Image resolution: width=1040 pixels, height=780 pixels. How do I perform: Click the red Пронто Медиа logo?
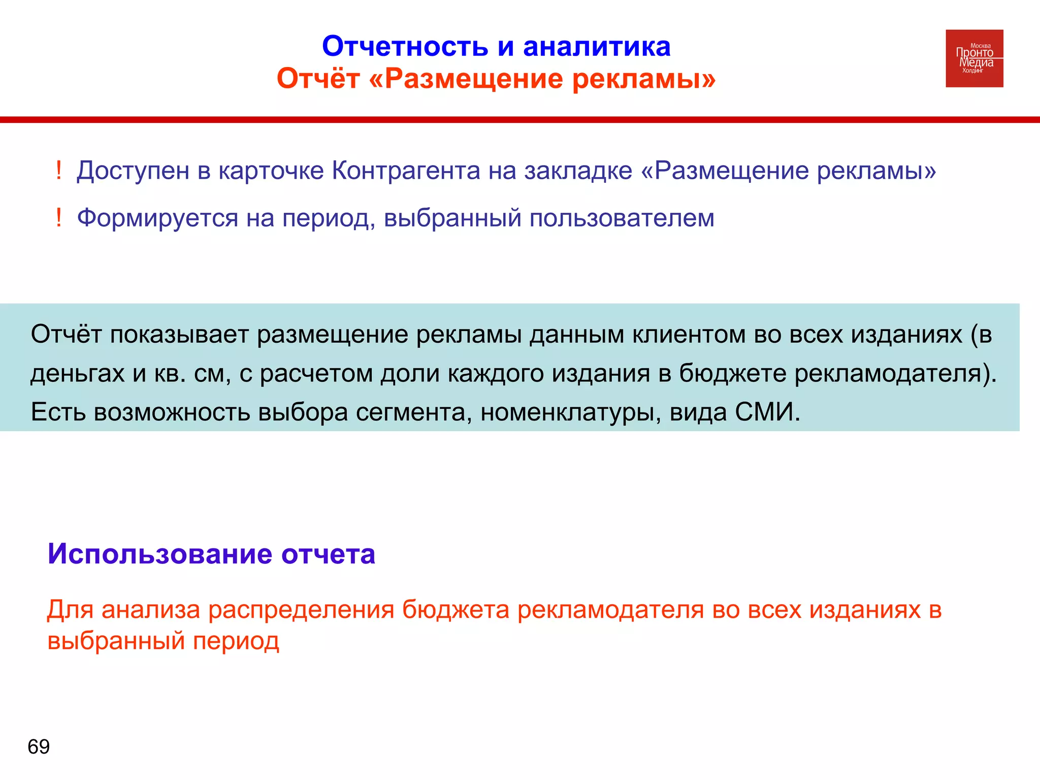pos(974,58)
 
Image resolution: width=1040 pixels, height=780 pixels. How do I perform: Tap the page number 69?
pos(39,746)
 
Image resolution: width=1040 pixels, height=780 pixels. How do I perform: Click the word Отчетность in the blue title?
pos(405,47)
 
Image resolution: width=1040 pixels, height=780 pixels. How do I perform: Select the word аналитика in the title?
pos(597,47)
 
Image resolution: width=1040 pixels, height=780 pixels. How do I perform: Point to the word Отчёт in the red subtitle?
pos(318,79)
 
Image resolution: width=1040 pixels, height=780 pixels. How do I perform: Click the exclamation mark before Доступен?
pos(59,170)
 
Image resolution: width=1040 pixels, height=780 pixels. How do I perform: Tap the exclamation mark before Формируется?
pos(59,218)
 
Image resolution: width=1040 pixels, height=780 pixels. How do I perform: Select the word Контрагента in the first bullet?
pos(406,171)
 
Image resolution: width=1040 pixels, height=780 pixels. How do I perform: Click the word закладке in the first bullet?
pos(578,171)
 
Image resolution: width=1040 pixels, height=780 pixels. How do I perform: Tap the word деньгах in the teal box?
pos(77,374)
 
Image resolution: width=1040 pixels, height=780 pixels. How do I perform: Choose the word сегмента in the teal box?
pos(410,412)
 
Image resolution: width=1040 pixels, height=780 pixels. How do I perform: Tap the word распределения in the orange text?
pos(301,609)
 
